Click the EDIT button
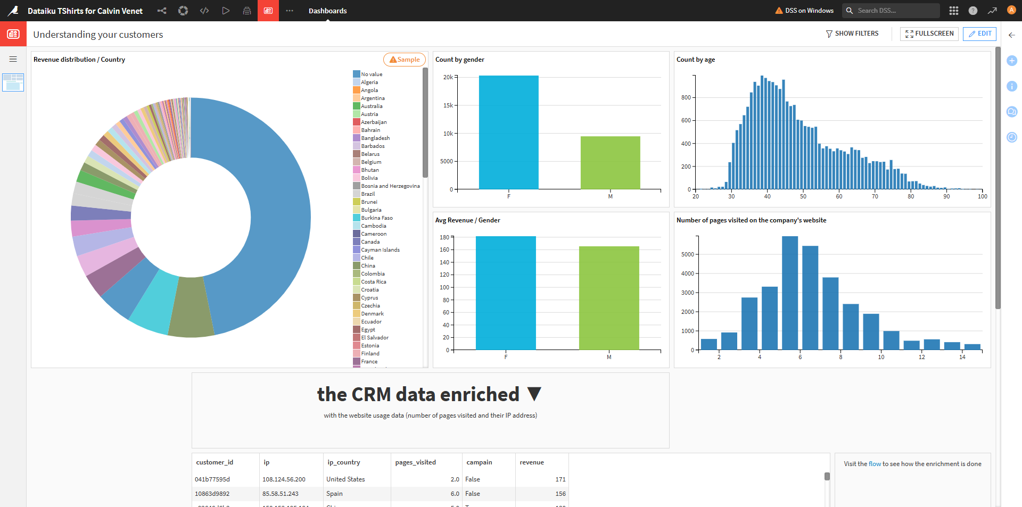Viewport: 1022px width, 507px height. point(979,34)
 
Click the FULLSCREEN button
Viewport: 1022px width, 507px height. point(929,34)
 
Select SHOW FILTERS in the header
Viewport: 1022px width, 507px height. point(852,34)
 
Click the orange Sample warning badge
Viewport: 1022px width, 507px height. point(405,60)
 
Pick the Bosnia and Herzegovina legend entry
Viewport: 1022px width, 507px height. point(390,186)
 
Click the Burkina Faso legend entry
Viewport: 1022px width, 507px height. point(376,218)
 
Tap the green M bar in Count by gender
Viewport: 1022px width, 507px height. point(610,162)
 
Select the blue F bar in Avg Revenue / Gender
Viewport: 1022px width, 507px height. point(506,293)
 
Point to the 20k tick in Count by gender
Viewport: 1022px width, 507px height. point(448,77)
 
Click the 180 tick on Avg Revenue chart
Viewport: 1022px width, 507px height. point(444,237)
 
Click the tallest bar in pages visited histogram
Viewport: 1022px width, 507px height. point(790,293)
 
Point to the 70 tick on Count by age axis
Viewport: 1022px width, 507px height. point(875,196)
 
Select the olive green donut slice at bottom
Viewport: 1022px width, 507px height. point(191,309)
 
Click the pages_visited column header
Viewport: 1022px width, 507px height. point(415,462)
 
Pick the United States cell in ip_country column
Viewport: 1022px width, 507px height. point(345,479)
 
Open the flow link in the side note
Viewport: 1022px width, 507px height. point(875,464)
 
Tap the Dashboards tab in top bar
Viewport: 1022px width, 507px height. point(327,11)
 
